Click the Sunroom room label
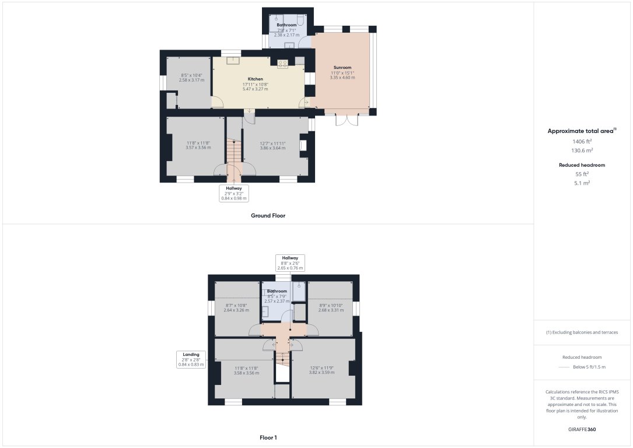click(342, 67)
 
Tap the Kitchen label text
click(256, 79)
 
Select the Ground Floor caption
click(268, 215)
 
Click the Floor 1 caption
click(268, 437)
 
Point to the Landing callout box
click(191, 359)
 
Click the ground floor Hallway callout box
click(233, 193)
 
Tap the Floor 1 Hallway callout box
click(290, 263)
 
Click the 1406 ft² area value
click(581, 141)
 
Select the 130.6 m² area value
click(581, 150)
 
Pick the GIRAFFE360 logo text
click(582, 429)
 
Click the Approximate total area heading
click(581, 131)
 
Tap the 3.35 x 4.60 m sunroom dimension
click(342, 78)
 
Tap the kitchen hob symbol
click(282, 64)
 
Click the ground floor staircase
click(234, 153)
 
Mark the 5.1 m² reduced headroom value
click(581, 183)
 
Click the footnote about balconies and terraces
click(582, 332)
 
